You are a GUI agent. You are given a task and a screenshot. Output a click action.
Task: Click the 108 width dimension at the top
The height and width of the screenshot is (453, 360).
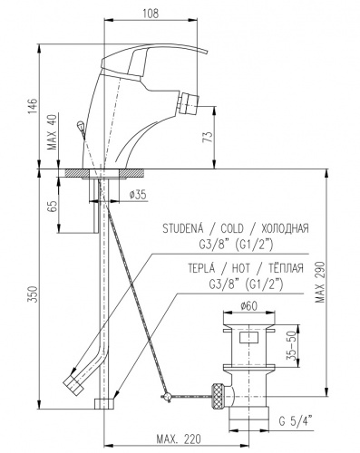click(x=150, y=14)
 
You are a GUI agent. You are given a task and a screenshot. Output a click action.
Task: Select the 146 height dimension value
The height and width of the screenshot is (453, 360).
click(x=33, y=105)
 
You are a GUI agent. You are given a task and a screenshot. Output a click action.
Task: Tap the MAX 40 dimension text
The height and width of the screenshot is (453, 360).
click(x=53, y=132)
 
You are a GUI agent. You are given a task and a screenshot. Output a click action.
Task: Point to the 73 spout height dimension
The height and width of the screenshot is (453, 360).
click(x=208, y=137)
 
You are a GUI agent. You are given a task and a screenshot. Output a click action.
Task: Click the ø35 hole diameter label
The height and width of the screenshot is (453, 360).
click(x=138, y=195)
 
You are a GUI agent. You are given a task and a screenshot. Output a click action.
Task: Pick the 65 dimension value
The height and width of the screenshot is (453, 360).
click(x=53, y=206)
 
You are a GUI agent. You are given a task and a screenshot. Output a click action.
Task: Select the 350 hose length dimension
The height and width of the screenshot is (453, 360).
click(x=33, y=294)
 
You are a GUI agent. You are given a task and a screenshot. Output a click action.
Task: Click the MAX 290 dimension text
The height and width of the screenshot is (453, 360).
click(x=320, y=282)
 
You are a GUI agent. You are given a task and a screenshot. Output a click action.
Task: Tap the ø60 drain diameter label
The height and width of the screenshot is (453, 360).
click(x=249, y=306)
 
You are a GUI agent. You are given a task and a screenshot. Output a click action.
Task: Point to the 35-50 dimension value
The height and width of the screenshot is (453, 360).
click(x=291, y=347)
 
